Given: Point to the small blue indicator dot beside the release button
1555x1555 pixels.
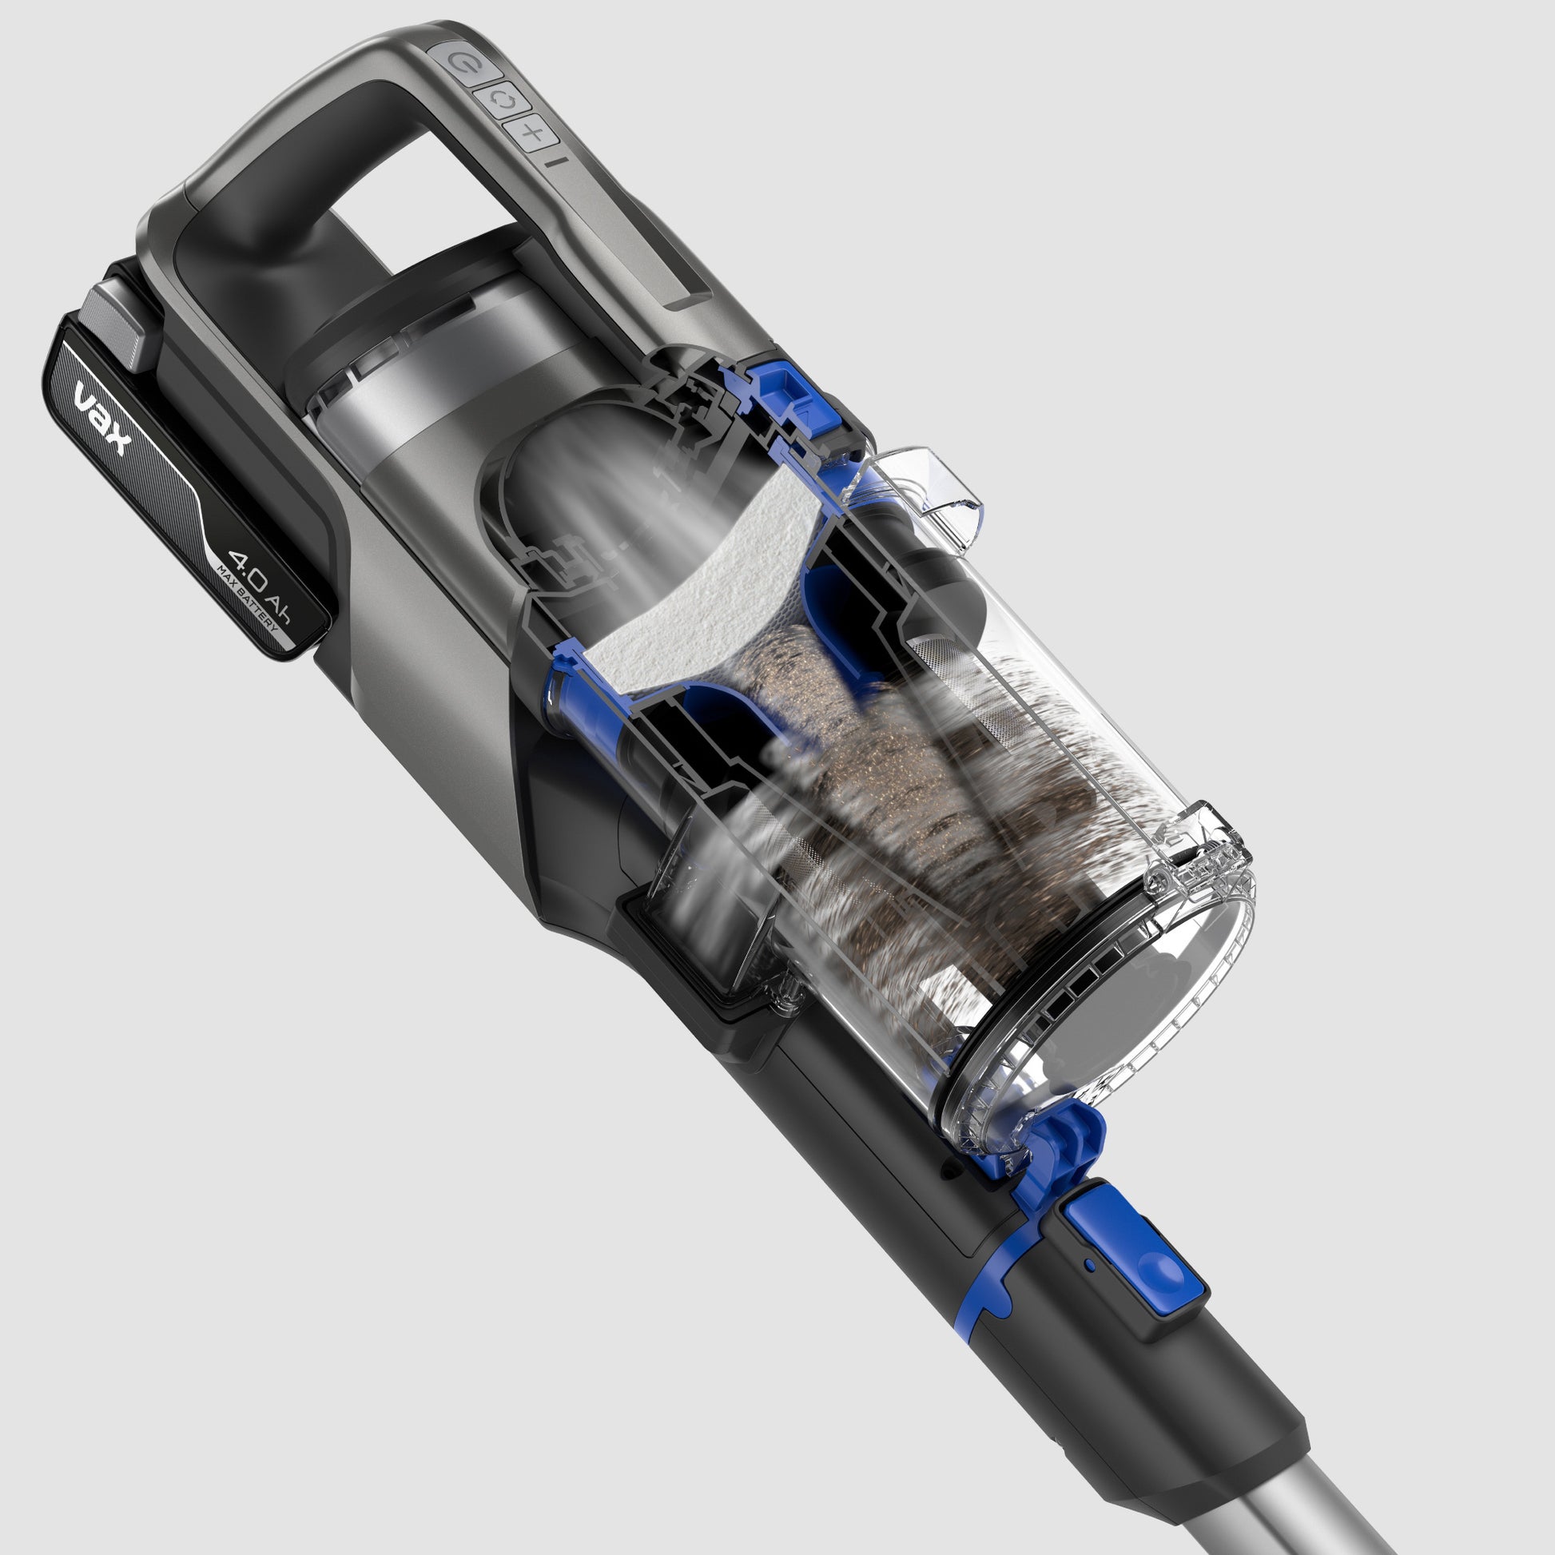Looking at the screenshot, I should coord(1090,1264).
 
